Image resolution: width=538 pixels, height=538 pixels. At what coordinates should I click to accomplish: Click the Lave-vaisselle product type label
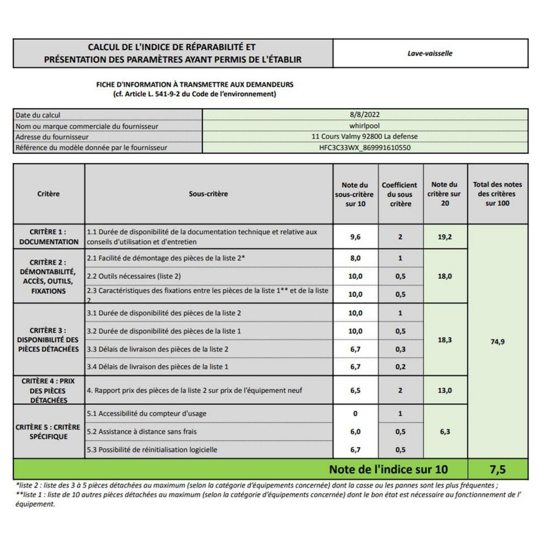tap(430, 53)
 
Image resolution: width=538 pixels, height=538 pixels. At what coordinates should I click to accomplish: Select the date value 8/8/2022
tap(364, 115)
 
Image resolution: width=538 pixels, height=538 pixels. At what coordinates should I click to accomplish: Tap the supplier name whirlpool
tap(364, 126)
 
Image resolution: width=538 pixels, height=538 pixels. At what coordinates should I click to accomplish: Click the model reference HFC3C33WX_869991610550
tap(364, 148)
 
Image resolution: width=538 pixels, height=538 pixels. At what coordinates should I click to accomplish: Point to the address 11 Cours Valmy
tap(364, 136)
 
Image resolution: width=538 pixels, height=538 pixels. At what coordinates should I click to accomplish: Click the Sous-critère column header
tap(208, 194)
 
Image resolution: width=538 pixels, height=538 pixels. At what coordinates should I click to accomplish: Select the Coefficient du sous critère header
tap(399, 194)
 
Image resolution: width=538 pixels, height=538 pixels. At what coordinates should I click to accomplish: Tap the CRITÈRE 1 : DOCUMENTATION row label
tap(48, 237)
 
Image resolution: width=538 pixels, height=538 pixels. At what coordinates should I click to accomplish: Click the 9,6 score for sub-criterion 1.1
tap(355, 237)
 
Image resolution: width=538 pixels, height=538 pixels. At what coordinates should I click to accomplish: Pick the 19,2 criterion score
tap(444, 237)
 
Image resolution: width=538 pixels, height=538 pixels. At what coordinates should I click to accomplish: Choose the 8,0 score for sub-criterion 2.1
tap(355, 258)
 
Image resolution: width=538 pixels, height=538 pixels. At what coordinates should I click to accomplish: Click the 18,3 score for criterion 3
tap(444, 340)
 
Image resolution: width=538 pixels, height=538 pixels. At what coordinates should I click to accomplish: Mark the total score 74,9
tap(497, 342)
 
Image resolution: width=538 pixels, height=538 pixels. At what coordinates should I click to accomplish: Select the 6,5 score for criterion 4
tap(355, 390)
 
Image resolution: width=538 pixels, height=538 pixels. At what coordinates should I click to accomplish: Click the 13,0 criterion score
tap(444, 390)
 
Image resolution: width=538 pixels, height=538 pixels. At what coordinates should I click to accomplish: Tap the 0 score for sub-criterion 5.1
tap(355, 414)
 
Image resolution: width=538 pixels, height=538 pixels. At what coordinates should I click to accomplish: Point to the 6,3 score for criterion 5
tap(444, 432)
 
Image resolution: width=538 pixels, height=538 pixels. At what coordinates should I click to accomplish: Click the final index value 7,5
tap(497, 469)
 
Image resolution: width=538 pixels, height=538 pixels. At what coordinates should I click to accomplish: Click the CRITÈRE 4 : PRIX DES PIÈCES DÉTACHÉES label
tap(48, 390)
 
